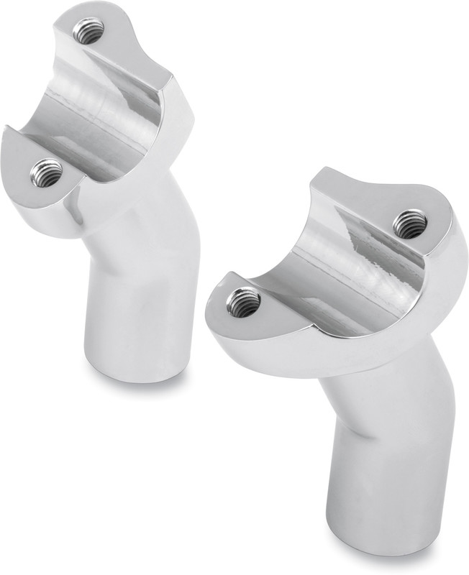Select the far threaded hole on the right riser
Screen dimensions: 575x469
click(x=410, y=222)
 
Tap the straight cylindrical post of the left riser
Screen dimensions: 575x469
click(x=133, y=309)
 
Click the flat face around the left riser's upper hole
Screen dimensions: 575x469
click(x=108, y=36)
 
